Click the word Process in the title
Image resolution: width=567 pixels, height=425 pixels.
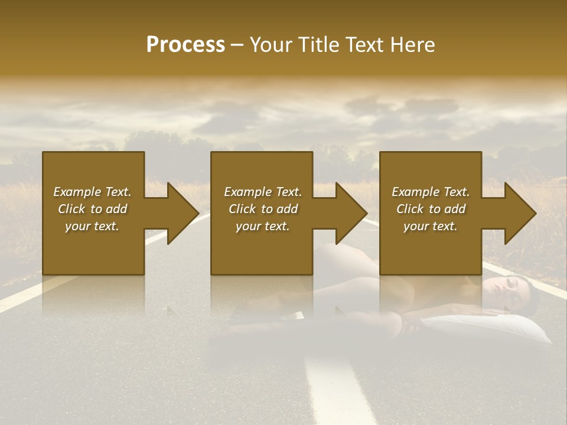(185, 45)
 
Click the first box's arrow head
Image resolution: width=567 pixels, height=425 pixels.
(181, 213)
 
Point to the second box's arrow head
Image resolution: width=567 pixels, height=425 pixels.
(350, 213)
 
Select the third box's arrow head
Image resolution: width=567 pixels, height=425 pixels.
(519, 213)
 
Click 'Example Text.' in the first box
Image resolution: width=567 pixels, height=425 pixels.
(92, 192)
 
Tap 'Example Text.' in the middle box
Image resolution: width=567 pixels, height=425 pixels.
(263, 192)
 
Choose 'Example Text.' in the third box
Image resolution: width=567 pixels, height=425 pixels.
(431, 192)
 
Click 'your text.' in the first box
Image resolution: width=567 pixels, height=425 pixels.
(92, 226)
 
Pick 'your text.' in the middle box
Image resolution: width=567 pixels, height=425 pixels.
(263, 226)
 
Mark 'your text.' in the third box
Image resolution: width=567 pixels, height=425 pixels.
(431, 226)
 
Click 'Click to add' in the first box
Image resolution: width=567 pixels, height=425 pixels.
(92, 209)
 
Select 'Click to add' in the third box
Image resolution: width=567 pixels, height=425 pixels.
(431, 209)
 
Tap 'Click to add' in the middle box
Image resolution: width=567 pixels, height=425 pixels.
(263, 209)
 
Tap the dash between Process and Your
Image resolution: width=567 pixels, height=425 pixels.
(237, 45)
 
